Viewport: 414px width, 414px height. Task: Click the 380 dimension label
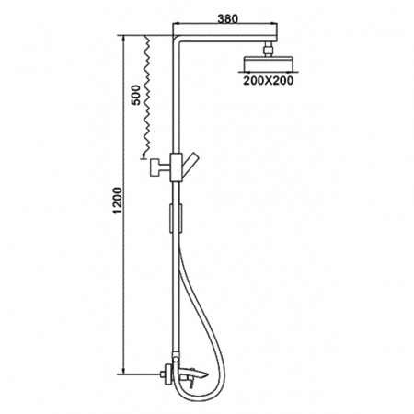pos(227,19)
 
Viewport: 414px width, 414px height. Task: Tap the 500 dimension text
pos(135,95)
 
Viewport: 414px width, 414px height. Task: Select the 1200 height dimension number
pos(118,201)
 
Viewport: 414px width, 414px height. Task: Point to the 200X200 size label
pos(269,80)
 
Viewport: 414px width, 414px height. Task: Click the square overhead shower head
pos(268,63)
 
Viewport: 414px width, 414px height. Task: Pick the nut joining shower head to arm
pos(268,50)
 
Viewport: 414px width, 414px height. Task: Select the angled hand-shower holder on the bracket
pos(190,167)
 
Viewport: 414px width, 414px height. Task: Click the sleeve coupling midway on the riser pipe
pos(176,217)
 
